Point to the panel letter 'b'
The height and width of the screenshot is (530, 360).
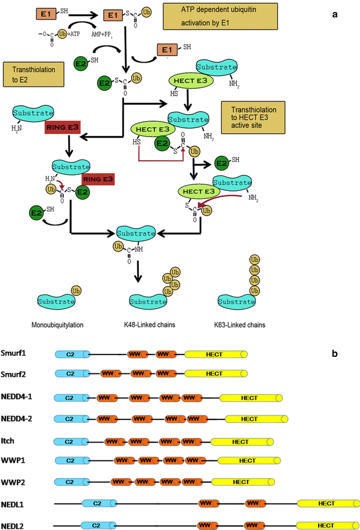click(x=335, y=355)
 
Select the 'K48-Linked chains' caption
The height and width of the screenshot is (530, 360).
click(x=153, y=324)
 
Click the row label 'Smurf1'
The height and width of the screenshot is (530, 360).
click(x=14, y=354)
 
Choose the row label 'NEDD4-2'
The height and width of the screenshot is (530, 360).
click(x=18, y=418)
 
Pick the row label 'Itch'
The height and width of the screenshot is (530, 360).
click(x=9, y=441)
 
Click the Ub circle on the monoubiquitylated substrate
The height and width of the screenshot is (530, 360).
click(x=75, y=290)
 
